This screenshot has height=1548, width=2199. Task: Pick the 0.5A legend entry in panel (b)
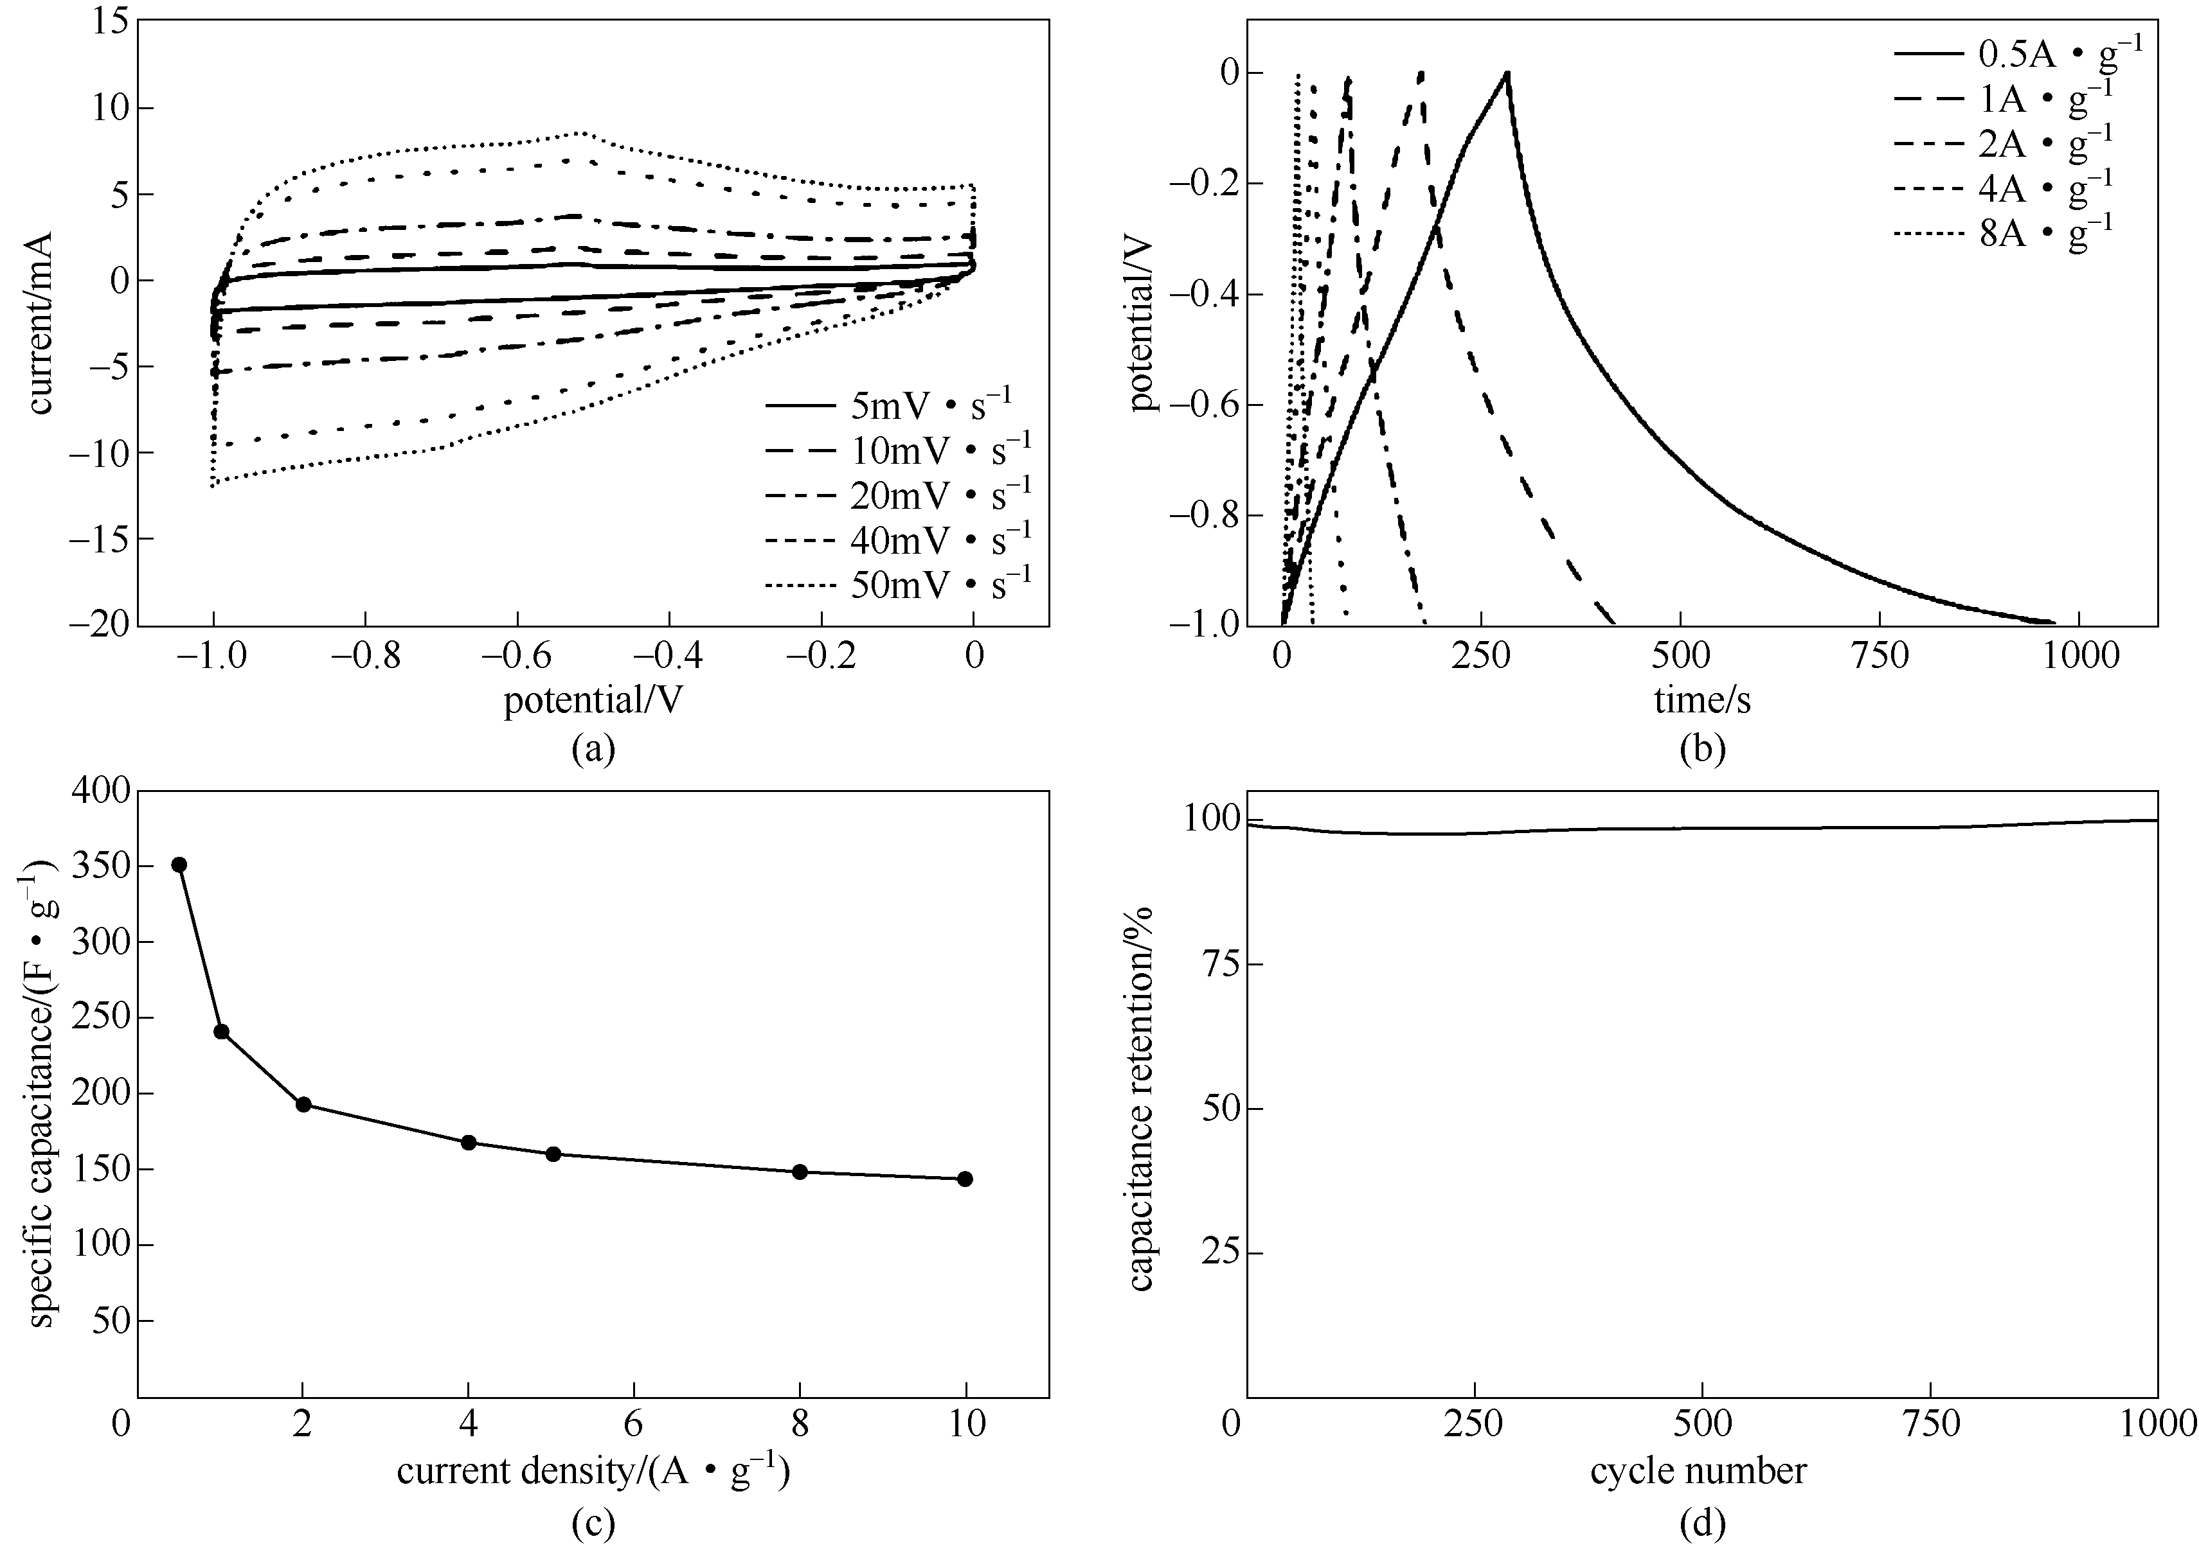(x=2016, y=53)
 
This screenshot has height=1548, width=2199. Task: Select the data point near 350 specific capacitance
(x=178, y=865)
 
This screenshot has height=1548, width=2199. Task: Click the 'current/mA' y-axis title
(x=40, y=322)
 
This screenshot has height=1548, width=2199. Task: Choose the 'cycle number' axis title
(x=1698, y=1470)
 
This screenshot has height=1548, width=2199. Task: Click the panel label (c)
(x=593, y=1524)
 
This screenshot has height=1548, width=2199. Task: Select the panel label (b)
(x=1702, y=750)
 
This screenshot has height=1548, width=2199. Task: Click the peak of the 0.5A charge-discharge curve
(x=1507, y=73)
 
